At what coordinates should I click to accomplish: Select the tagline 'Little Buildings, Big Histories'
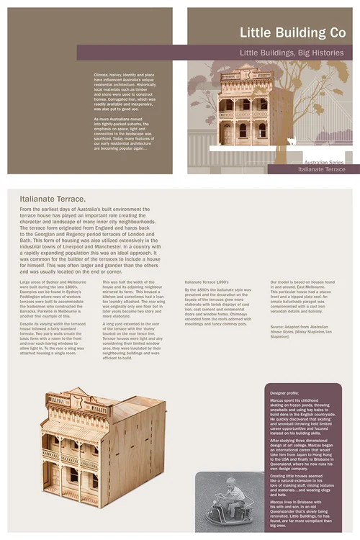291,53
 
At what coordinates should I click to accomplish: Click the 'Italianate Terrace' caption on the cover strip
321,170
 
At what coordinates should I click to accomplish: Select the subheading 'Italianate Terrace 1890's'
207,282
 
